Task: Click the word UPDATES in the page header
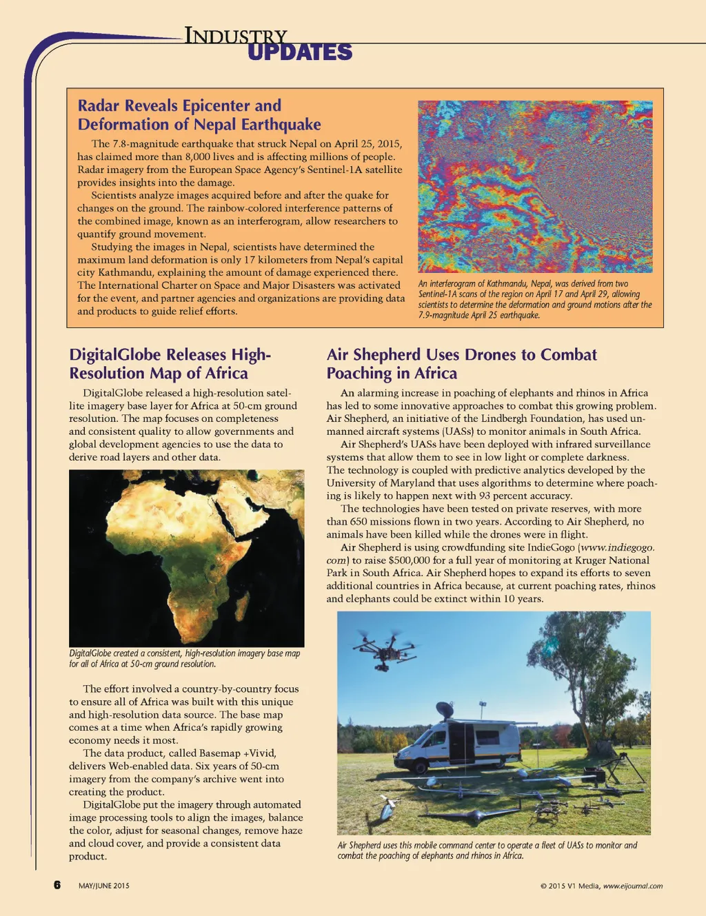point(299,52)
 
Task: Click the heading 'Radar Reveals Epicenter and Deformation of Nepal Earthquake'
point(199,115)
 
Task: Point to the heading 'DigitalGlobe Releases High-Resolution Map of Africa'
point(170,364)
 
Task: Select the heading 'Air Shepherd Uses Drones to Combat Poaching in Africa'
point(461,364)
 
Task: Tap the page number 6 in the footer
point(57,885)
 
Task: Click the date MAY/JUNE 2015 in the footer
point(103,886)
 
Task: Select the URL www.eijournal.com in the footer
point(633,886)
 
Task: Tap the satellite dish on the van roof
point(445,709)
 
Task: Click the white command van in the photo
point(458,745)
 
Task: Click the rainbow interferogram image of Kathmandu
point(535,186)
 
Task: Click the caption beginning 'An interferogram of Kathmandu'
point(535,299)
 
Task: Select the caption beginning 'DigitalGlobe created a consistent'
point(184,658)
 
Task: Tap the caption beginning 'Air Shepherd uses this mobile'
point(487,850)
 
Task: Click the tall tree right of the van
point(589,669)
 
